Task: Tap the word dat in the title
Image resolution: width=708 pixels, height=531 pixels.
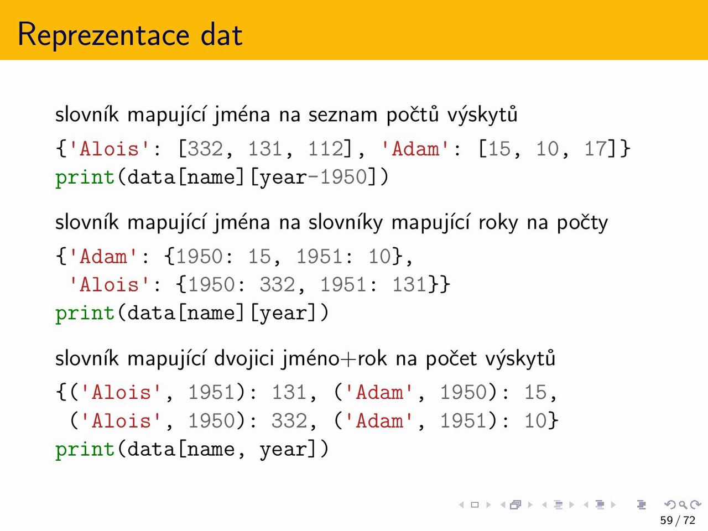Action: pyautogui.click(x=222, y=34)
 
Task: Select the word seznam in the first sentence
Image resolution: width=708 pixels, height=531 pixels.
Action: pyautogui.click(x=342, y=115)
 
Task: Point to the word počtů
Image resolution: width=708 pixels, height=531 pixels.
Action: pyautogui.click(x=413, y=114)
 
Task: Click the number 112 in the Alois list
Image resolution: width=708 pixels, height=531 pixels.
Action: pyautogui.click(x=325, y=149)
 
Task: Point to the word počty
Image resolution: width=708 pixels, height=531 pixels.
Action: pyautogui.click(x=582, y=223)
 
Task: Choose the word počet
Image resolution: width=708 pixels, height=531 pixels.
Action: pyautogui.click(x=451, y=359)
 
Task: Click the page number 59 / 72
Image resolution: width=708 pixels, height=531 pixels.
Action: pyautogui.click(x=678, y=520)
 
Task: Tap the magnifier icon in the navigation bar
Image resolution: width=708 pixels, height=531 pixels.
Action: pyautogui.click(x=683, y=504)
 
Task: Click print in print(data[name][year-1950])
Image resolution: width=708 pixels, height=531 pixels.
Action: pyautogui.click(x=85, y=178)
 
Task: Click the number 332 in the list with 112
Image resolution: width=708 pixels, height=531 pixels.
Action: pyautogui.click(x=205, y=149)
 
